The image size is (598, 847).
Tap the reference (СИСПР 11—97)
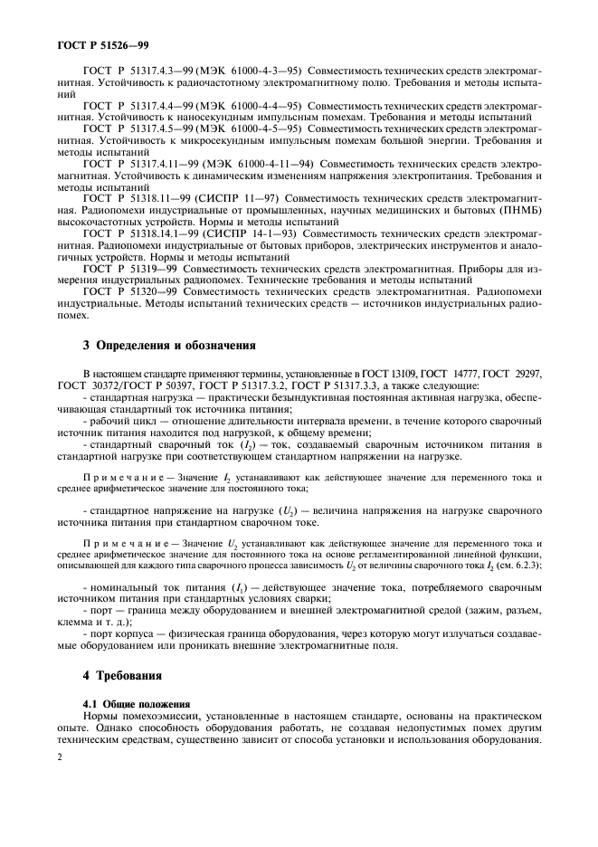pyautogui.click(x=240, y=196)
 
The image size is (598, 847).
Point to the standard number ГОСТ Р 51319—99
pyautogui.click(x=128, y=267)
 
